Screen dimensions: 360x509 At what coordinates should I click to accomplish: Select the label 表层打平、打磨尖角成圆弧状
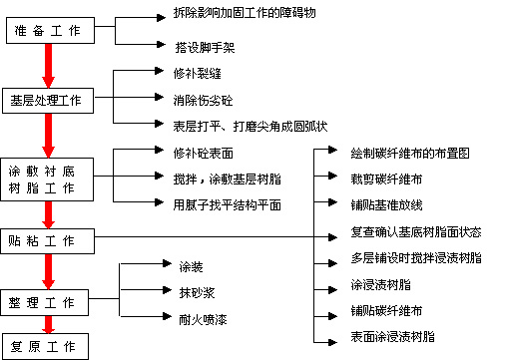(250, 126)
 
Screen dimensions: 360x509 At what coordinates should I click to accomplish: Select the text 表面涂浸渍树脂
(393, 337)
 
